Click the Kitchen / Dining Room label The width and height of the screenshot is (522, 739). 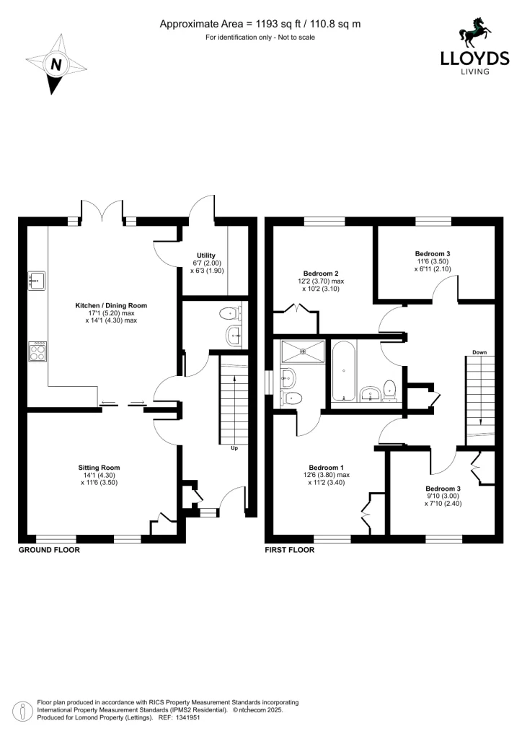[x=111, y=305]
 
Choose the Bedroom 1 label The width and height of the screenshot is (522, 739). [x=326, y=466]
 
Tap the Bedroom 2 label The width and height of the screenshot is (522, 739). [x=321, y=274]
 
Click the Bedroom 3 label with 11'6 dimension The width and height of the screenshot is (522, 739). [x=433, y=253]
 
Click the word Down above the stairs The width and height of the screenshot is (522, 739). [x=480, y=352]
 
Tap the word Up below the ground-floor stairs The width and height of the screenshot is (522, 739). [x=234, y=448]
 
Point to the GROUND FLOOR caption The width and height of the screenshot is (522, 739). [x=49, y=550]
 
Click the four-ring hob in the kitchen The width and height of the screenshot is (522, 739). [x=37, y=351]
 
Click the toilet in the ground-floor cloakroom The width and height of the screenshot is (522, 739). [x=229, y=313]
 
